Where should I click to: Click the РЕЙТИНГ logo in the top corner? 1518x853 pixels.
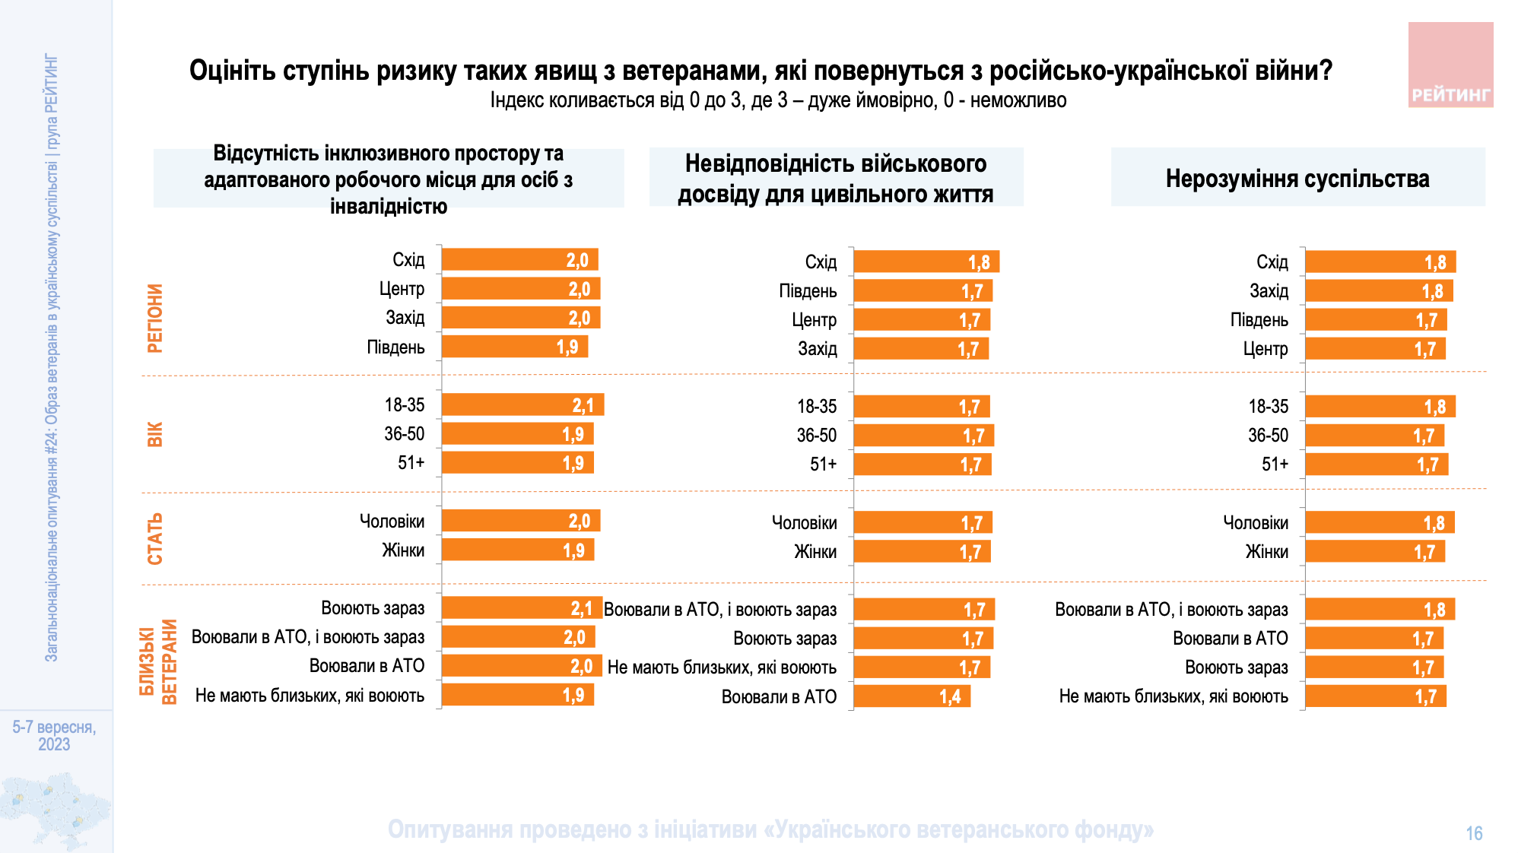click(x=1450, y=65)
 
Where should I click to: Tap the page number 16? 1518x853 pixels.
click(x=1474, y=833)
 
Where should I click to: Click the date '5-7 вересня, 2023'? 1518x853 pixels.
click(x=54, y=736)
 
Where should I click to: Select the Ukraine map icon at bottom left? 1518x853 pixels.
click(x=55, y=809)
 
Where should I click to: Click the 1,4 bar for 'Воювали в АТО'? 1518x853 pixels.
click(x=911, y=696)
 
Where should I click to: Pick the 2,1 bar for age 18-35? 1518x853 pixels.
click(x=522, y=405)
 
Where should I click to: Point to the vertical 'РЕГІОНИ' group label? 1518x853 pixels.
click(x=155, y=318)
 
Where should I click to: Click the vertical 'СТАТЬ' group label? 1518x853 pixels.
click(x=155, y=538)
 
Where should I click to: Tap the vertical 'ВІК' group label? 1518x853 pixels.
click(x=155, y=434)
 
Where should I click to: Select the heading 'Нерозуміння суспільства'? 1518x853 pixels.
click(x=1297, y=179)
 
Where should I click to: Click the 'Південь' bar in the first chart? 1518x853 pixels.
click(x=514, y=347)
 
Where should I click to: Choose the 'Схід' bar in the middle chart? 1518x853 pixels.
click(x=926, y=262)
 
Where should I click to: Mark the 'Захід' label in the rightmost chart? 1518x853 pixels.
click(x=1269, y=291)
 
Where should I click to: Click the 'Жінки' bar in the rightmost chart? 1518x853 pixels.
click(x=1374, y=552)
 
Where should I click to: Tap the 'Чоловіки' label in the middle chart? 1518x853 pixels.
click(x=804, y=523)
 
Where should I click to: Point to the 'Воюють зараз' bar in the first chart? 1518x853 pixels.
click(x=521, y=608)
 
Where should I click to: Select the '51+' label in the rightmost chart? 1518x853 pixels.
click(x=1275, y=465)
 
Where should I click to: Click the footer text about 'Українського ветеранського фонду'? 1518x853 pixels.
click(x=770, y=829)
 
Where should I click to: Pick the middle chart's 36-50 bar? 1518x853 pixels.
click(x=923, y=436)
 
